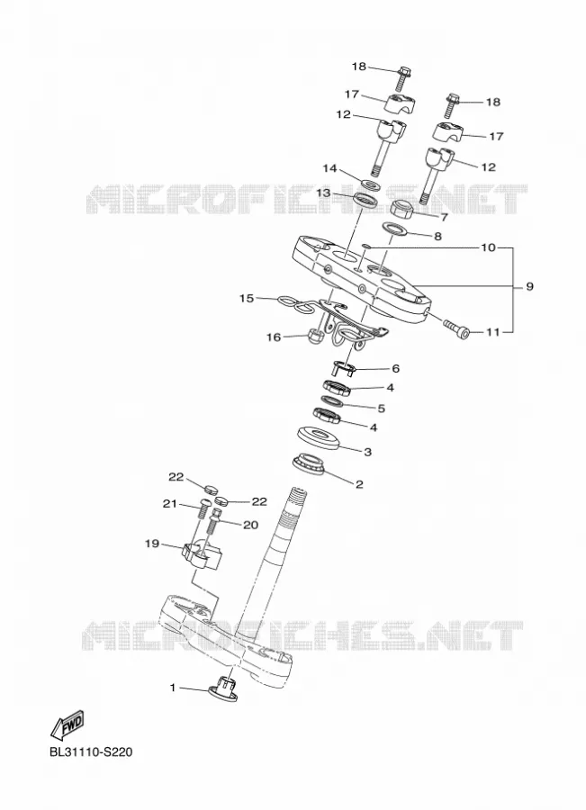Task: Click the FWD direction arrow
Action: [x=67, y=724]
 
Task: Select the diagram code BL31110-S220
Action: [x=91, y=751]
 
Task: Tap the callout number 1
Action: [x=173, y=688]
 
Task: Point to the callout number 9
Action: [x=529, y=285]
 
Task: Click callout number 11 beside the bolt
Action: [x=493, y=331]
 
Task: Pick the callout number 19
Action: [x=152, y=544]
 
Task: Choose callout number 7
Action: [x=444, y=218]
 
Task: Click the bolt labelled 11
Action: [x=456, y=327]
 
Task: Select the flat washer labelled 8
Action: [x=394, y=228]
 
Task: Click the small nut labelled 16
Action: [x=315, y=336]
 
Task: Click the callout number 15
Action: [x=247, y=298]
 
